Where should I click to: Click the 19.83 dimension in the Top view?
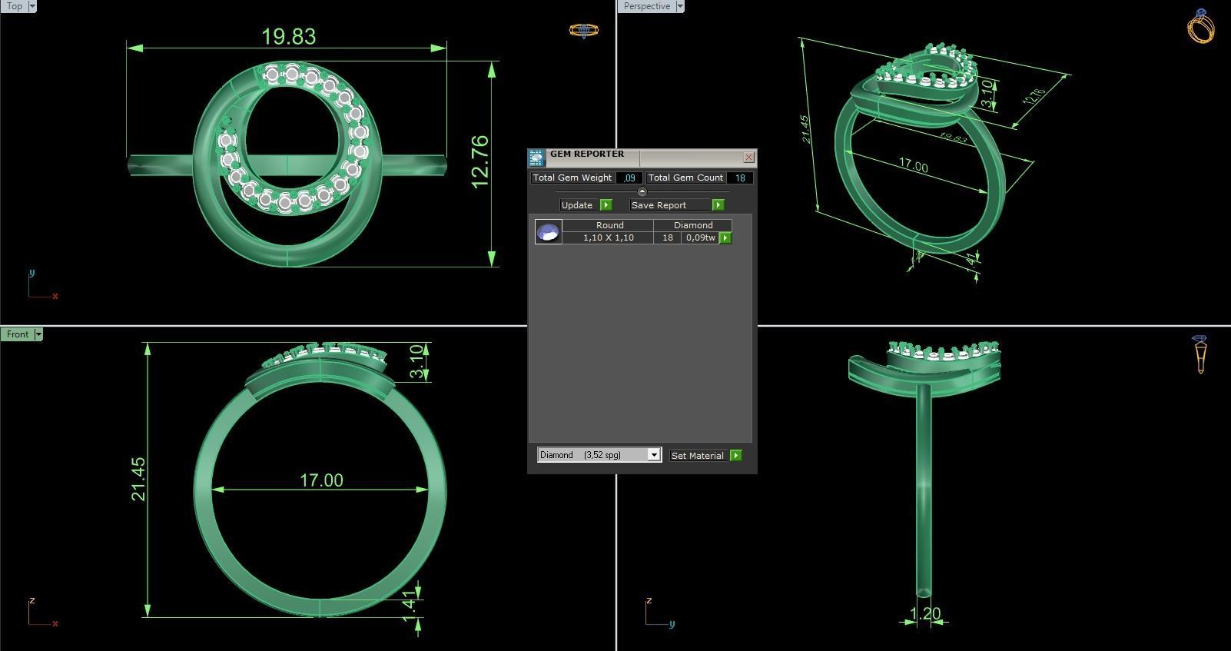(288, 36)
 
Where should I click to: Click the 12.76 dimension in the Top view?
(479, 161)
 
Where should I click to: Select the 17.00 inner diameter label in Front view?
(321, 480)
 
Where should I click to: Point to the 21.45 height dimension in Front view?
(138, 479)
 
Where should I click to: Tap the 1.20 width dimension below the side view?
(925, 613)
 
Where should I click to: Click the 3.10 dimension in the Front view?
(416, 361)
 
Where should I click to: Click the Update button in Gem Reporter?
(577, 205)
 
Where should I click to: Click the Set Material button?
(698, 456)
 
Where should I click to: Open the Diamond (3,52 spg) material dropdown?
(654, 455)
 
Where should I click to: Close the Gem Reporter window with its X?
(748, 158)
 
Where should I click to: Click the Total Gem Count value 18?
(740, 178)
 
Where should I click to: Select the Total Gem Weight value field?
(629, 178)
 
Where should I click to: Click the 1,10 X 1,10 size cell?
(608, 237)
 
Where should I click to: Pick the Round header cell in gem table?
(609, 225)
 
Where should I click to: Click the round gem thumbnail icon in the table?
(548, 231)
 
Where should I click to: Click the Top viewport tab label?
(15, 6)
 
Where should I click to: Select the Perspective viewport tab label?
(646, 6)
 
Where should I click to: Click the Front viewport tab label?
(18, 334)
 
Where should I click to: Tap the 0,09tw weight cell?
(700, 237)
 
